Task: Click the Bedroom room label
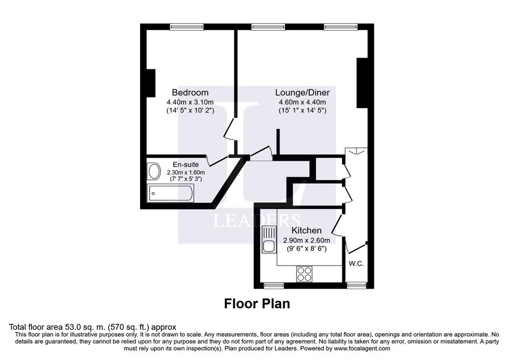190,92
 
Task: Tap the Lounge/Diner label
302,93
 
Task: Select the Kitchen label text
307,230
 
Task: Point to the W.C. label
356,264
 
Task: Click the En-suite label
186,165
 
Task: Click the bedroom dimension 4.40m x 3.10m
190,102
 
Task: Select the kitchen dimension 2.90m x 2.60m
307,241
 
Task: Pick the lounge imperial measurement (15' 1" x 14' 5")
303,110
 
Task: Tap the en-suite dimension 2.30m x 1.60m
186,172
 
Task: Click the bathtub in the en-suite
171,193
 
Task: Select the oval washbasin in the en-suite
154,172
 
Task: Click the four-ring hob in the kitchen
304,274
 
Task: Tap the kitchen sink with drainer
269,239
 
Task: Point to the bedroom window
187,27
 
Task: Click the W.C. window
357,285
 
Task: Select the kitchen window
274,285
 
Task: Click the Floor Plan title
257,304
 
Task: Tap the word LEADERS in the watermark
256,220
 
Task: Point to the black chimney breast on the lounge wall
362,83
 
